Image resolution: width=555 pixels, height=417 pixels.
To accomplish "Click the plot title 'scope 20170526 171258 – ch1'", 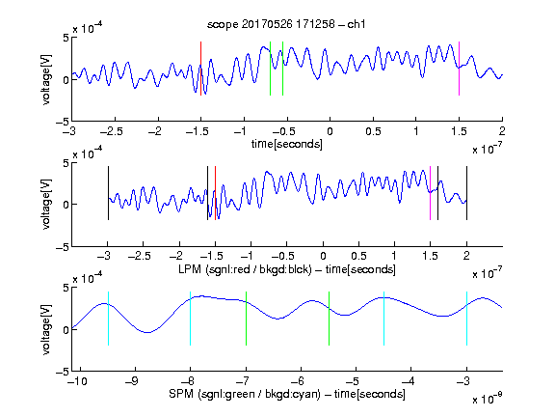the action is pyautogui.click(x=286, y=24).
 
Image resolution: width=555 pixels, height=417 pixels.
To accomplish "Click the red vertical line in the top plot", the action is pyautogui.click(x=200, y=69).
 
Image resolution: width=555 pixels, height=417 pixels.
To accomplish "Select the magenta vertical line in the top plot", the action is pyautogui.click(x=459, y=69).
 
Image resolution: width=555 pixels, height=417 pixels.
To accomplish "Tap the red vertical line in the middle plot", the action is pyautogui.click(x=215, y=193).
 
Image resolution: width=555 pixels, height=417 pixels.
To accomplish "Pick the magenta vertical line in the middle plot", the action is pyautogui.click(x=430, y=193).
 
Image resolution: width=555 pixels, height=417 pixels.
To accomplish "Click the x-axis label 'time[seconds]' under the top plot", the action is pyautogui.click(x=287, y=144).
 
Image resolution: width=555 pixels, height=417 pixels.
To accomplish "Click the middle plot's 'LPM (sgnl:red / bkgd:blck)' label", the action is pyautogui.click(x=245, y=269).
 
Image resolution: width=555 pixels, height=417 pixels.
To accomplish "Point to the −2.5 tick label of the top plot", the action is pyautogui.click(x=111, y=131).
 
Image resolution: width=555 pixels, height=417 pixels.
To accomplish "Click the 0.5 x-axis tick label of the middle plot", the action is pyautogui.click(x=358, y=256).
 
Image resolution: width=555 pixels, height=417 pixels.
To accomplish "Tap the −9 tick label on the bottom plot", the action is pyautogui.click(x=132, y=381).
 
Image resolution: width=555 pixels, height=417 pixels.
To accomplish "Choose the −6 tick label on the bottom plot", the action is pyautogui.click(x=300, y=381).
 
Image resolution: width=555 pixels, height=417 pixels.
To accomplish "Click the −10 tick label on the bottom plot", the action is pyautogui.click(x=77, y=381).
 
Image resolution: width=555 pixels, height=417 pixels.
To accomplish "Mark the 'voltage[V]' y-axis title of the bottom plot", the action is pyautogui.click(x=46, y=329).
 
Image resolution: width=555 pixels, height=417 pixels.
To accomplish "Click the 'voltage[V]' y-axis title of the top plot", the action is pyautogui.click(x=46, y=79).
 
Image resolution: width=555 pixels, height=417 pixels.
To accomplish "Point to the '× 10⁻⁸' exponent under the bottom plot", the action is pyautogui.click(x=488, y=399).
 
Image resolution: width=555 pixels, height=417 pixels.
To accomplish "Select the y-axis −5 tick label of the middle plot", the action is pyautogui.click(x=63, y=247).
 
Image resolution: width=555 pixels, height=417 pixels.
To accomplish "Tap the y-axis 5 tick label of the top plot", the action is pyautogui.click(x=66, y=38).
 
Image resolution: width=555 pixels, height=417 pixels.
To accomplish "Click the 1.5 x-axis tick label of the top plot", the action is pyautogui.click(x=459, y=131).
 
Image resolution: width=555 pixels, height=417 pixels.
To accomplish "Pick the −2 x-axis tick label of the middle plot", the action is pyautogui.click(x=176, y=256).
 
